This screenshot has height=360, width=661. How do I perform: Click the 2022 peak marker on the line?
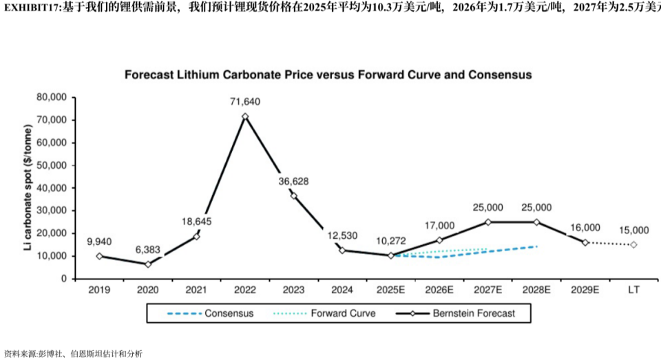(244, 116)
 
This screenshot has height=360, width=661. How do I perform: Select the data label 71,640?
(244, 102)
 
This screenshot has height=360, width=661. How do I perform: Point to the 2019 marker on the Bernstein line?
(99, 256)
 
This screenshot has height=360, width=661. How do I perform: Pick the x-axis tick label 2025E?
(390, 290)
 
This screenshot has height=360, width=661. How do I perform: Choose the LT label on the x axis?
(633, 290)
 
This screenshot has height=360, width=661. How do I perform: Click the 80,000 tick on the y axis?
(52, 98)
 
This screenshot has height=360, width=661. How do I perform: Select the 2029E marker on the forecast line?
(585, 242)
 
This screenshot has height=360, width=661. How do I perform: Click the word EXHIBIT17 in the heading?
(32, 7)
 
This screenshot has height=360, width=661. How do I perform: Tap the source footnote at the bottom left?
(73, 354)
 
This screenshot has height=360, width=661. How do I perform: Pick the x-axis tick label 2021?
(196, 290)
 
